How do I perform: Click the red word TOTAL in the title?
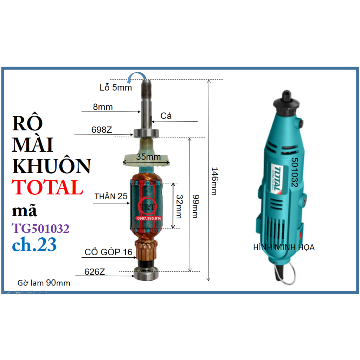[x=47, y=187]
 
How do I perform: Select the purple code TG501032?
[x=40, y=229]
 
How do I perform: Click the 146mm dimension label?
[x=214, y=181]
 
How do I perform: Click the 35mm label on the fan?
[x=146, y=157]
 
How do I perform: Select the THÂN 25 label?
[x=111, y=197]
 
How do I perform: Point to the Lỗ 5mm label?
[x=116, y=88]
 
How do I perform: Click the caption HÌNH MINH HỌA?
[x=284, y=247]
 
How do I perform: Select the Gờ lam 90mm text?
[x=44, y=283]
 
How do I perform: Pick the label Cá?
[x=166, y=116]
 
